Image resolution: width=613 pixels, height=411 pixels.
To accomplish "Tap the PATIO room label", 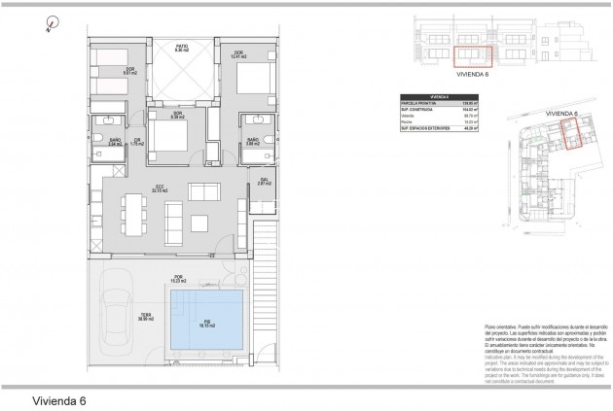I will coord(180,48).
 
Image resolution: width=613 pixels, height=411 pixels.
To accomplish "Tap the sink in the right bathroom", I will coord(259,120).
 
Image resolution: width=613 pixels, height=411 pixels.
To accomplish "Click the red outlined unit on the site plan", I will coord(572,139).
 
